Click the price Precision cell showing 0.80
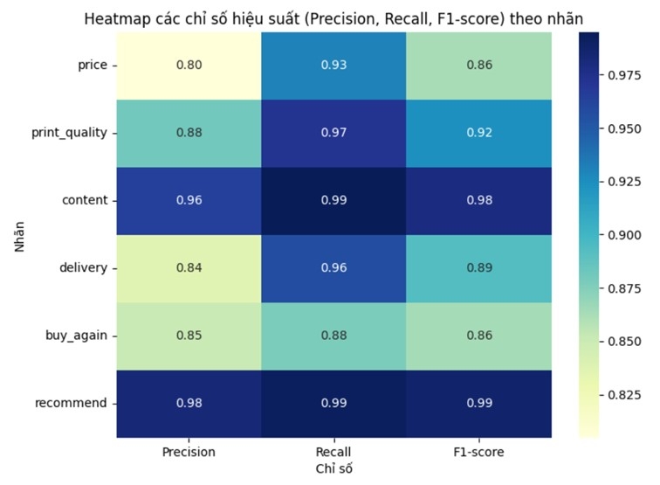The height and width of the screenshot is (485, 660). [189, 65]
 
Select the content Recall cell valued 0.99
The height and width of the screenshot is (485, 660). [333, 199]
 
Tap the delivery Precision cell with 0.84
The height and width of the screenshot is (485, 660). [189, 267]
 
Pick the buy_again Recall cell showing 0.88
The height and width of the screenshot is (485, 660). [333, 335]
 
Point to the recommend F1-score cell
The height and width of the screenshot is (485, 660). [478, 403]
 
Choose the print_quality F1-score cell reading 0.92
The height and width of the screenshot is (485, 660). [478, 132]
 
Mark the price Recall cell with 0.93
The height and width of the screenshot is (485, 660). [333, 65]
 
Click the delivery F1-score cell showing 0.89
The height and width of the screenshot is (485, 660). [478, 267]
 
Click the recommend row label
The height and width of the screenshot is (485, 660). [72, 403]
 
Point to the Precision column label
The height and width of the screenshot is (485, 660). [189, 452]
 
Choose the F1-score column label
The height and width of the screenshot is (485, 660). [478, 452]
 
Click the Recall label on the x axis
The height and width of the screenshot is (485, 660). [333, 452]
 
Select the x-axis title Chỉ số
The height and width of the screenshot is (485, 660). [333, 469]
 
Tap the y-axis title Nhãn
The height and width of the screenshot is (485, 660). [19, 234]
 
